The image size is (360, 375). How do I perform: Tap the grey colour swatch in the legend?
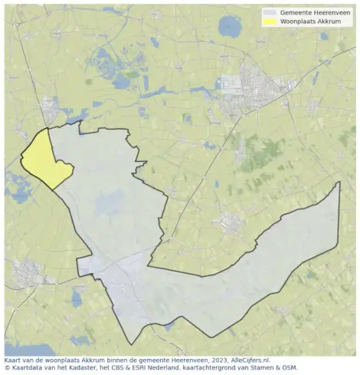(x=270, y=13)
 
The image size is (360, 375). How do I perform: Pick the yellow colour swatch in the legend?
(x=270, y=22)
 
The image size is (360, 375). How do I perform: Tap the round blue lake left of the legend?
(x=229, y=27)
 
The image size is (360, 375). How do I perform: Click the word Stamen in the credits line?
(x=265, y=367)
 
